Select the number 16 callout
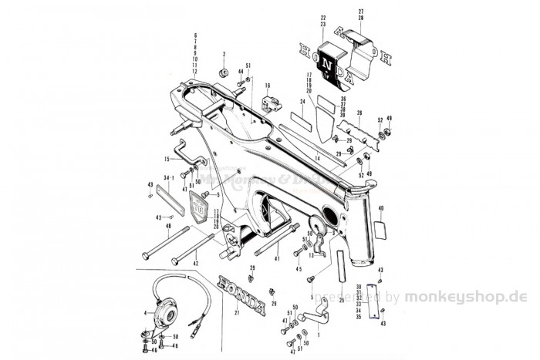tap(267, 85)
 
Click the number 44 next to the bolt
tap(240, 72)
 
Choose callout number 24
tap(303, 101)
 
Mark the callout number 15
tap(165, 160)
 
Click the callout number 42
tap(196, 264)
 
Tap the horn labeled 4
tap(164, 311)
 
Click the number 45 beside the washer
tap(296, 269)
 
